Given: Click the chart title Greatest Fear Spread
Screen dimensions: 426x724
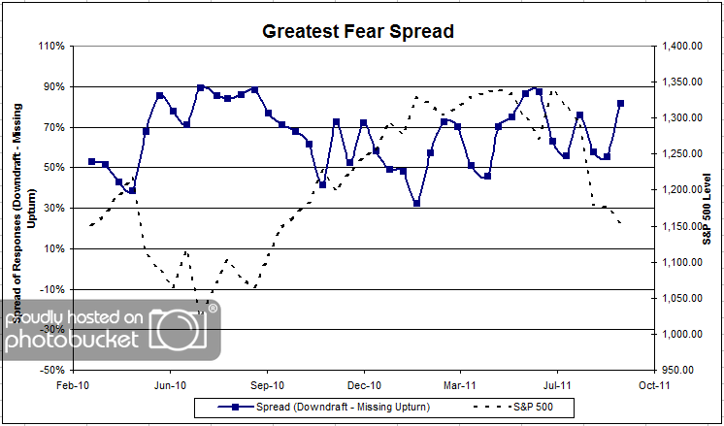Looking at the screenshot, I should [359, 31].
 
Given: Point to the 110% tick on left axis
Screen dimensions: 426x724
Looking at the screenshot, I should [49, 46].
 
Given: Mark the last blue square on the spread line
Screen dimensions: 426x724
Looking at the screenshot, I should [620, 103].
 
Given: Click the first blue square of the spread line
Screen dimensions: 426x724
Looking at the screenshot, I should [91, 161].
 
